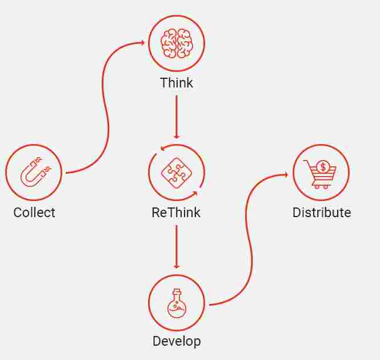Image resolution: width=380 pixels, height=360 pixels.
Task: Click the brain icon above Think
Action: click(x=177, y=43)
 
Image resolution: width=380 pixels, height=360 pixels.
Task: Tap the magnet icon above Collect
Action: click(x=34, y=172)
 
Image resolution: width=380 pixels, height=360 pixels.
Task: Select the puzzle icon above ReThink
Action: click(x=176, y=172)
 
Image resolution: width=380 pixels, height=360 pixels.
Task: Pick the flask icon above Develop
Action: click(x=177, y=303)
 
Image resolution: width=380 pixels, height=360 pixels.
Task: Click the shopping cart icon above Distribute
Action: click(x=321, y=173)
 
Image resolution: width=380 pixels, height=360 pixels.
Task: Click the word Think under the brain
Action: click(x=177, y=83)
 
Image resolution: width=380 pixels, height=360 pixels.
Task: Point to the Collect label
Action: click(x=34, y=213)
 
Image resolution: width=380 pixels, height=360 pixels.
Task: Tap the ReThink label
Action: click(x=176, y=213)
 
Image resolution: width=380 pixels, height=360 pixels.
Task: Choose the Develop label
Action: click(x=177, y=342)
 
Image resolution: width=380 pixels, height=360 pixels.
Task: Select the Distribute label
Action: click(x=322, y=213)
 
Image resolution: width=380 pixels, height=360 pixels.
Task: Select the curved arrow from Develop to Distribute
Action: click(x=249, y=240)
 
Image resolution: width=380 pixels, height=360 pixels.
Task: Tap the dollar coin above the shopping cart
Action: click(x=323, y=167)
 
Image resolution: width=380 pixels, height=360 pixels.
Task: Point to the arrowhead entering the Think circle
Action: click(x=142, y=43)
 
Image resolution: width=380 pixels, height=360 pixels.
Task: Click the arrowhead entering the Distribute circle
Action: click(x=286, y=174)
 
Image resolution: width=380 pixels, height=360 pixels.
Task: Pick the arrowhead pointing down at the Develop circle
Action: click(x=177, y=266)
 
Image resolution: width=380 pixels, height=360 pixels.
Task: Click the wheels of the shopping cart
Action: click(x=321, y=186)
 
